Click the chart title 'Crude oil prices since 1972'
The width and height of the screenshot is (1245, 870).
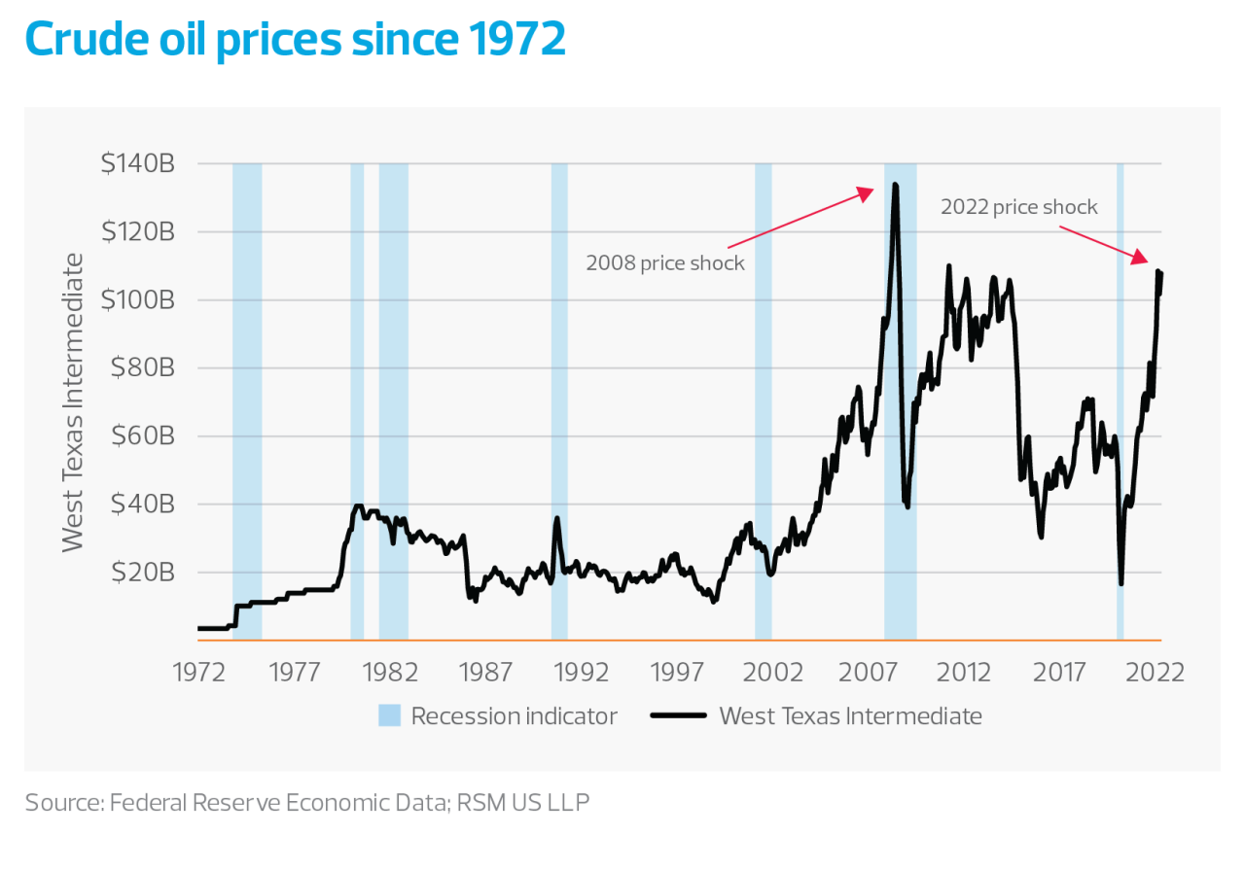[x=295, y=39]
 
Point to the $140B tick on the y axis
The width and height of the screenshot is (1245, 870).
[x=137, y=164]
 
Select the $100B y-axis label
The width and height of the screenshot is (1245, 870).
[x=137, y=300]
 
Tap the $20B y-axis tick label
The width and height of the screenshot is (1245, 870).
[x=142, y=573]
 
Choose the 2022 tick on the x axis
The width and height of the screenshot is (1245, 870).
[x=1156, y=672]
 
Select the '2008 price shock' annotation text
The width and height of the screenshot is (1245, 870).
[x=665, y=263]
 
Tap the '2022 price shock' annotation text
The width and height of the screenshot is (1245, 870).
[x=1018, y=207]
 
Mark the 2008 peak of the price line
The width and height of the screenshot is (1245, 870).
[x=894, y=185]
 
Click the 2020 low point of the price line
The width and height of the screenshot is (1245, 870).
[x=1121, y=582]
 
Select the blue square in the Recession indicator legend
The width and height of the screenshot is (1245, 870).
[x=389, y=716]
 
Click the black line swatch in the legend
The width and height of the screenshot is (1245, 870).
[x=677, y=716]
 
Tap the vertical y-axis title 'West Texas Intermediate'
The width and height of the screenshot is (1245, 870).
[x=74, y=401]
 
